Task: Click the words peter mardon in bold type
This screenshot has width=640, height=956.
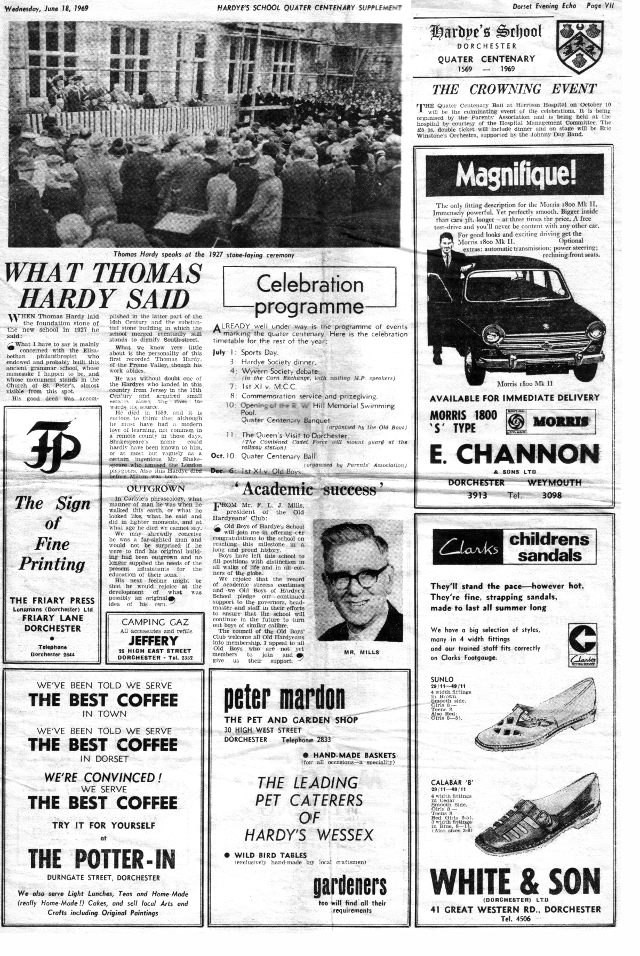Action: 284,698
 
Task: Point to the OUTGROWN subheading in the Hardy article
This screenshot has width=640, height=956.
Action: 156,488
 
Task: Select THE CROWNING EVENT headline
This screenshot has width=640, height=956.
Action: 514,89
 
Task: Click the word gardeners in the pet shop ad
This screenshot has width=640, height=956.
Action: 349,886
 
